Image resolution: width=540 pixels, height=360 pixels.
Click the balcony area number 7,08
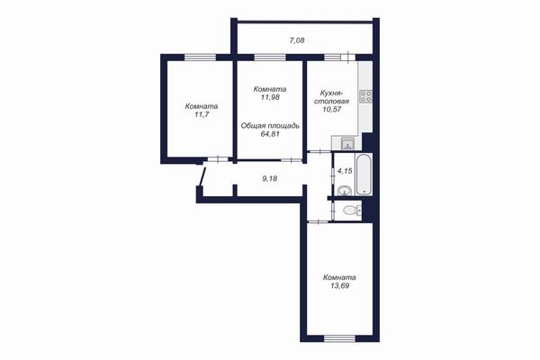point(297,40)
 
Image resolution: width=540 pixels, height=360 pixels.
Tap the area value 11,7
point(202,114)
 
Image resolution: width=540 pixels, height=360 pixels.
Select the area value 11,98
point(270,97)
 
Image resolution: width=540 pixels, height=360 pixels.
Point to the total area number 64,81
point(270,134)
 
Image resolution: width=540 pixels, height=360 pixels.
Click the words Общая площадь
point(270,126)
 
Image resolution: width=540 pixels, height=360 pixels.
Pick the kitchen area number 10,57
point(332,110)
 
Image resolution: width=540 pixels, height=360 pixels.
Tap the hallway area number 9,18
point(270,179)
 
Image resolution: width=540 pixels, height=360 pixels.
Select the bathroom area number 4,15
point(345,171)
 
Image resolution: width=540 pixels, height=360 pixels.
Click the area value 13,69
point(339,285)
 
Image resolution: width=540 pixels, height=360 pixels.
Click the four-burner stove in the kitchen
point(365,96)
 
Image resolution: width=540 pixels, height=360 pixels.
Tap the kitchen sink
point(347,143)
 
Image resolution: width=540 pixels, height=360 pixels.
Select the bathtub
point(364,175)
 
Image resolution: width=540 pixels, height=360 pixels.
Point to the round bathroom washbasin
point(345,191)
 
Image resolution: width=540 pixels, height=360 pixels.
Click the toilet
point(352,209)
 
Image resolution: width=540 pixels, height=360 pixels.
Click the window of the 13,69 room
point(339,338)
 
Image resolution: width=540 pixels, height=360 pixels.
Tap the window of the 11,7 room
point(200,58)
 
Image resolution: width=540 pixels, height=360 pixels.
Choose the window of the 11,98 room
point(270,58)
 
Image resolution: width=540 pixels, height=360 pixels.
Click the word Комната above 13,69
point(339,278)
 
